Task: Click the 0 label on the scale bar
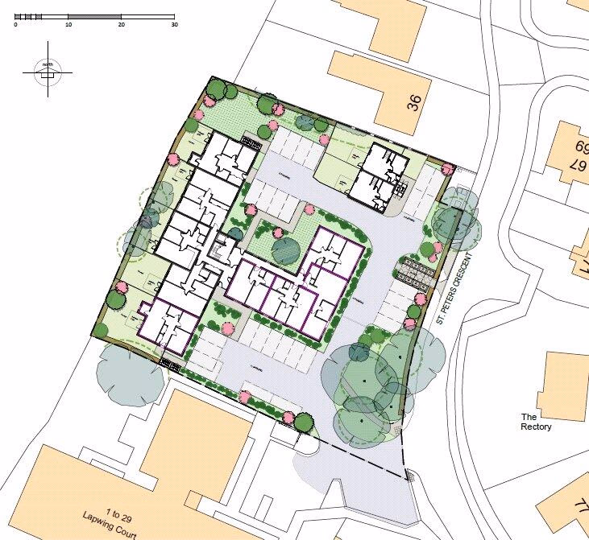pos(16,25)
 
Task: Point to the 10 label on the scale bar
pos(68,25)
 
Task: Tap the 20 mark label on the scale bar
pos(121,25)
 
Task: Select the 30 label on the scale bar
pos(173,25)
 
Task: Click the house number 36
pos(414,102)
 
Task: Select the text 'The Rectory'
pos(536,422)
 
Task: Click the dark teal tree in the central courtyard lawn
pos(285,250)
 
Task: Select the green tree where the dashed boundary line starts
pos(304,421)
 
